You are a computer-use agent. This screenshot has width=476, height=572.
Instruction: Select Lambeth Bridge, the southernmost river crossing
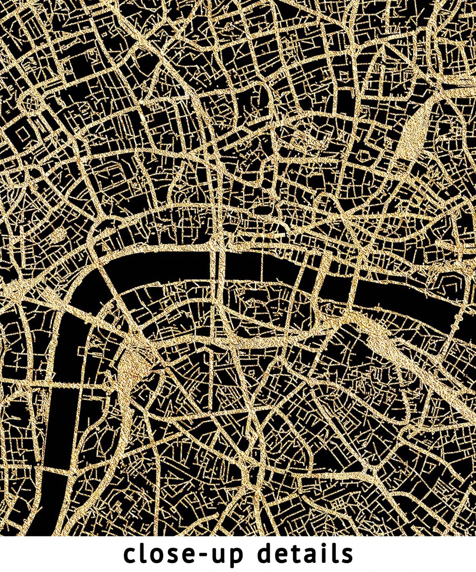[x=54, y=472]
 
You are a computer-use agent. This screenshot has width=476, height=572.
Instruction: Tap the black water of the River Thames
[x=251, y=263]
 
